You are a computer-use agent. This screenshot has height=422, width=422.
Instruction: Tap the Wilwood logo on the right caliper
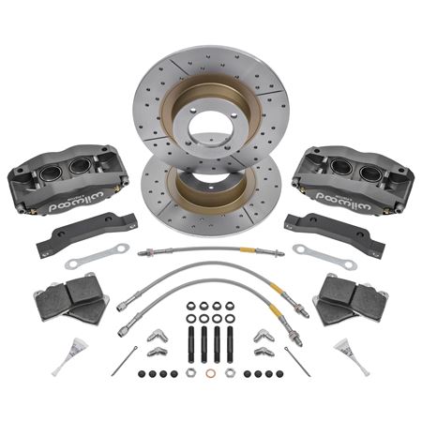coord(343,201)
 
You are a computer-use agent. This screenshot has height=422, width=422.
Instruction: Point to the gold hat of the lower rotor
coord(210,188)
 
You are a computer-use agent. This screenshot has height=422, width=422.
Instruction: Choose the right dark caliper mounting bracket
coord(335,231)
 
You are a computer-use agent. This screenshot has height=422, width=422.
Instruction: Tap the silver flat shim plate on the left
coord(97,256)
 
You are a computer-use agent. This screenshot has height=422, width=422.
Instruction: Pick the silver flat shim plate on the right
coord(325,256)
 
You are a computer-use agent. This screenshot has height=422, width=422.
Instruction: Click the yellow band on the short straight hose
coord(247,250)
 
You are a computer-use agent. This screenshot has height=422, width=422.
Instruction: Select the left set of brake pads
coord(71,298)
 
